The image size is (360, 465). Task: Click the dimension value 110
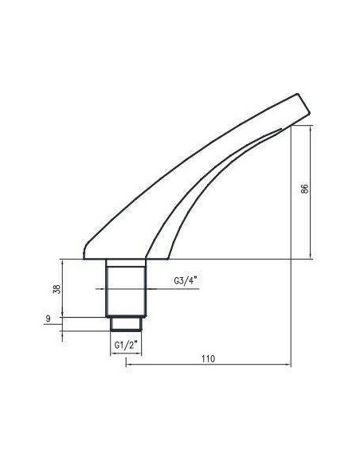tap(209, 359)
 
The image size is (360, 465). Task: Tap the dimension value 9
tap(49, 318)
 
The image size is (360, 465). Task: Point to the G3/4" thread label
tap(185, 280)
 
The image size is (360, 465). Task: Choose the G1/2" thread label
tap(127, 345)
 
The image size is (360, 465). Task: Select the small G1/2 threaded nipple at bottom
tap(126, 322)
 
